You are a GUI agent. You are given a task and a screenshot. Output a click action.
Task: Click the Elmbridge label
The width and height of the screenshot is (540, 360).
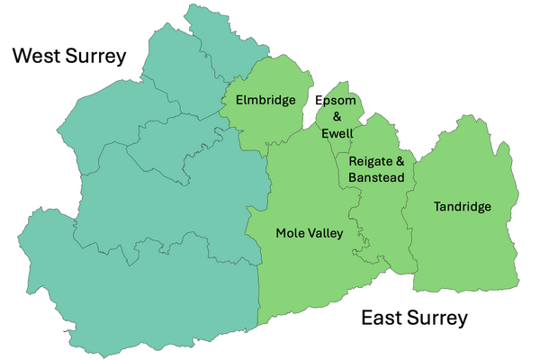(265, 100)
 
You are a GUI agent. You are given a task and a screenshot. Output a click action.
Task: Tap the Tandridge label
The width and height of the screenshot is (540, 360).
(463, 207)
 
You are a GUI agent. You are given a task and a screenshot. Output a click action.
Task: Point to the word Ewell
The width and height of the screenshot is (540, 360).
(338, 133)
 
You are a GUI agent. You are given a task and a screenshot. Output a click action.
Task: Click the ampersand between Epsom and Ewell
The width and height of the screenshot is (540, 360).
(338, 117)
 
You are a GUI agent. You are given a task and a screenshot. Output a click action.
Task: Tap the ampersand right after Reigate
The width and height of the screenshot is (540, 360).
(400, 161)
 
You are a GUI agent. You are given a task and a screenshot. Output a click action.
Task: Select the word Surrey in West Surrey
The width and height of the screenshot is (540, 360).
(94, 58)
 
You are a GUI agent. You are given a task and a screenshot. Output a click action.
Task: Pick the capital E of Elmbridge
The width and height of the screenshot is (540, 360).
(239, 100)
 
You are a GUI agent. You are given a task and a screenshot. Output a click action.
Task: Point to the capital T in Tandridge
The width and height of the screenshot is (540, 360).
(437, 207)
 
